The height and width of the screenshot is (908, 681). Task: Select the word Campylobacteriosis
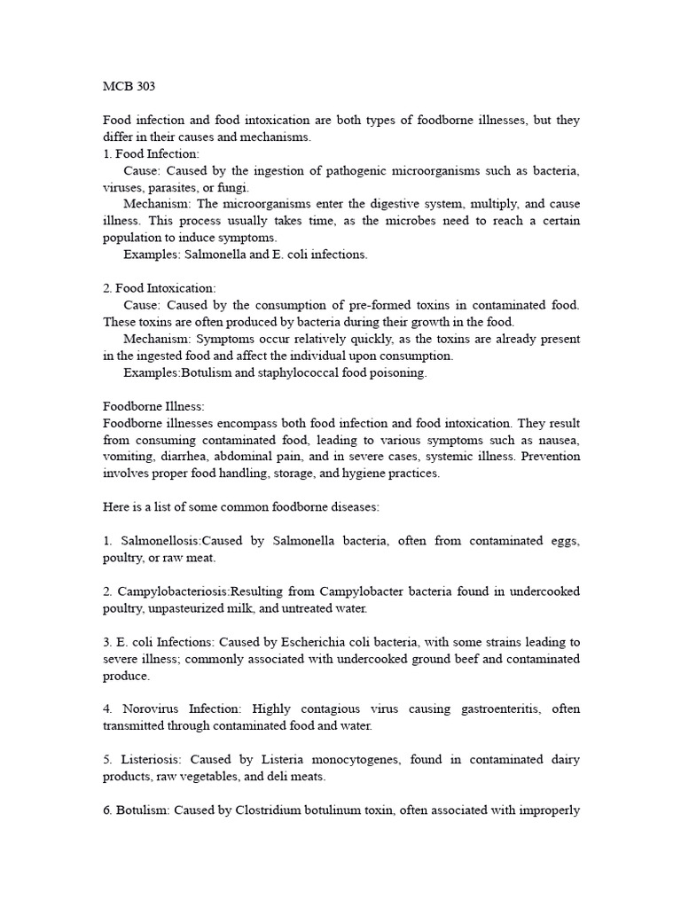click(173, 591)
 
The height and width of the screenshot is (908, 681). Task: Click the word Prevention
click(551, 457)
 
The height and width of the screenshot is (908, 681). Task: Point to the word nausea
click(560, 440)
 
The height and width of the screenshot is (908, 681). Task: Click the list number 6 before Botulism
click(106, 810)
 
